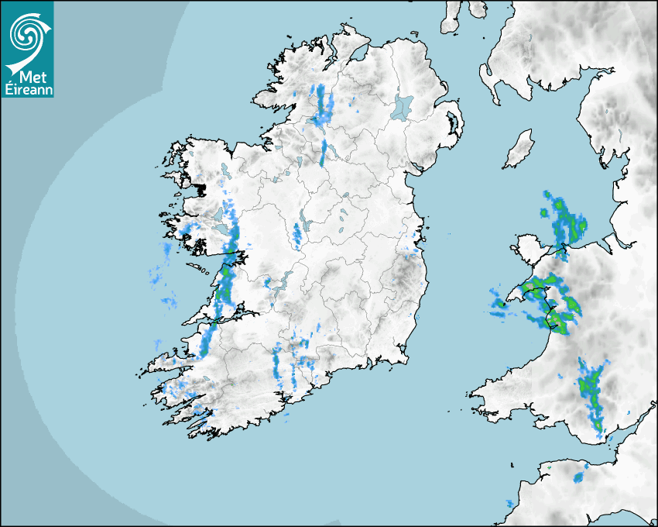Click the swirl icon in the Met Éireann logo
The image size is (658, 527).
click(27, 33)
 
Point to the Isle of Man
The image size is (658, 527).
click(519, 150)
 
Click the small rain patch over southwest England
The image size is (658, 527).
click(579, 477)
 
